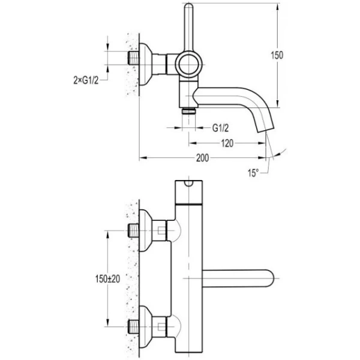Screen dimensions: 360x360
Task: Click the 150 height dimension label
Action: click(277, 55)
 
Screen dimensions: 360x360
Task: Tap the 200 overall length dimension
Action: click(202, 158)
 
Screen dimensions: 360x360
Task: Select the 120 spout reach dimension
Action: click(226, 143)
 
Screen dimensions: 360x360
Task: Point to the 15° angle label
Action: click(253, 173)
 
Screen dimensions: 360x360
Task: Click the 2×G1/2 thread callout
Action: click(86, 78)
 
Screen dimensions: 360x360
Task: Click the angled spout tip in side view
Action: click(262, 127)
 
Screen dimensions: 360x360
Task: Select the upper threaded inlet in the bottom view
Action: click(133, 229)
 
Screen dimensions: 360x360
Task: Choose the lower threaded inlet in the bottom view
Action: click(133, 328)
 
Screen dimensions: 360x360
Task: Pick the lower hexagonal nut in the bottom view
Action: click(160, 328)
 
